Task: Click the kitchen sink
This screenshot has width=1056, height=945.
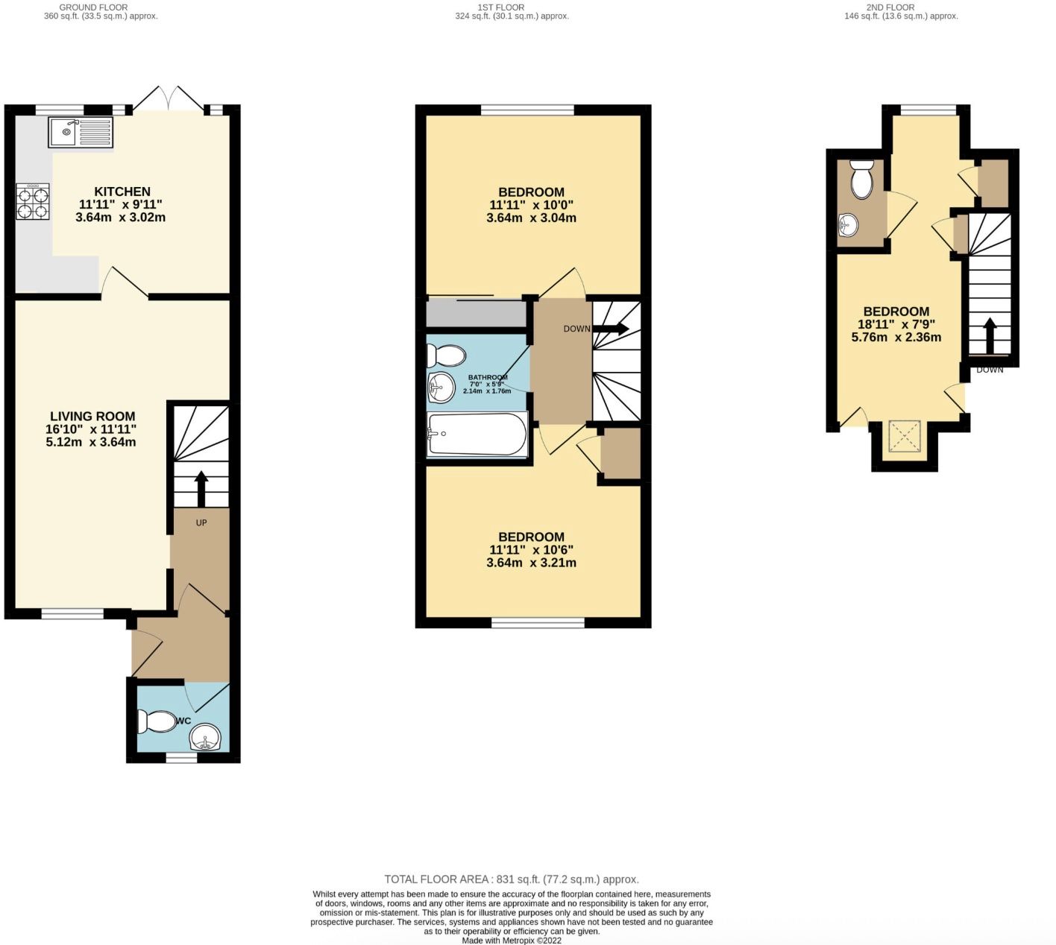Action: (x=81, y=132)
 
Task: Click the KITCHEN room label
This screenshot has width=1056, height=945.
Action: (x=122, y=192)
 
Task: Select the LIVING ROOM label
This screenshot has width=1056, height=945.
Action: (x=92, y=417)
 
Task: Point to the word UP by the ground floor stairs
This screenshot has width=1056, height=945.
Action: (x=201, y=522)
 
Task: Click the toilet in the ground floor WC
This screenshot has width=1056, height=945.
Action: (x=157, y=722)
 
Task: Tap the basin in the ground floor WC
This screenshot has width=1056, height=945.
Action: (x=205, y=738)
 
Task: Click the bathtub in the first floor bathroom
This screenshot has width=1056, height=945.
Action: (x=477, y=434)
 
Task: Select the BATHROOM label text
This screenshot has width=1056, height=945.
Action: (x=487, y=377)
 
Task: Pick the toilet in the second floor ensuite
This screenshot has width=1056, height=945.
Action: (x=862, y=179)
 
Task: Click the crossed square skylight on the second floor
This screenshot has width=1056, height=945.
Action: (x=905, y=436)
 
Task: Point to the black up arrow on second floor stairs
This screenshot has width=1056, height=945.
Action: (x=990, y=336)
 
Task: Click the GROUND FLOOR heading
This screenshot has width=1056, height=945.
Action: (x=93, y=7)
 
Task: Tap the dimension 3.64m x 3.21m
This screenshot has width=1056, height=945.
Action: (x=531, y=563)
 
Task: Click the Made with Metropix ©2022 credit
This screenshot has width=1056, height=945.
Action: (x=512, y=941)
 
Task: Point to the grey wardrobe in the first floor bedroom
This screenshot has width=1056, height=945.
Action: (x=475, y=313)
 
